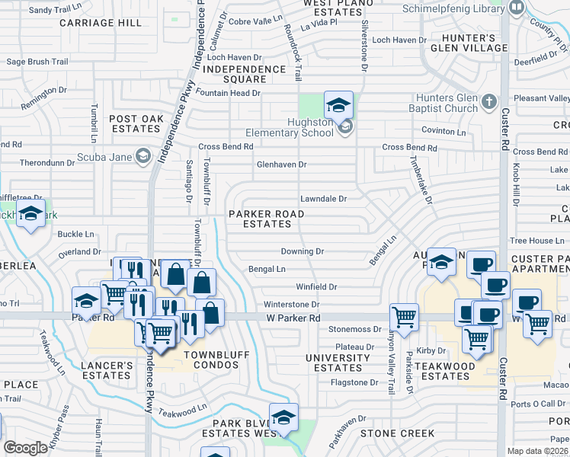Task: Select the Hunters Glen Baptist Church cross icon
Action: (489, 101)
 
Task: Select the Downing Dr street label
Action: (303, 251)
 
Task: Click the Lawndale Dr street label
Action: (323, 199)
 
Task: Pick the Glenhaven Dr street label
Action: (281, 165)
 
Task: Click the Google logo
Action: (25, 448)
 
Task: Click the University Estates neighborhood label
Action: (338, 363)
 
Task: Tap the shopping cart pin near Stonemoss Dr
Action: (403, 315)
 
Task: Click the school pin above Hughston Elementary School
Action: (338, 104)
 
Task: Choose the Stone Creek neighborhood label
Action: (397, 433)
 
